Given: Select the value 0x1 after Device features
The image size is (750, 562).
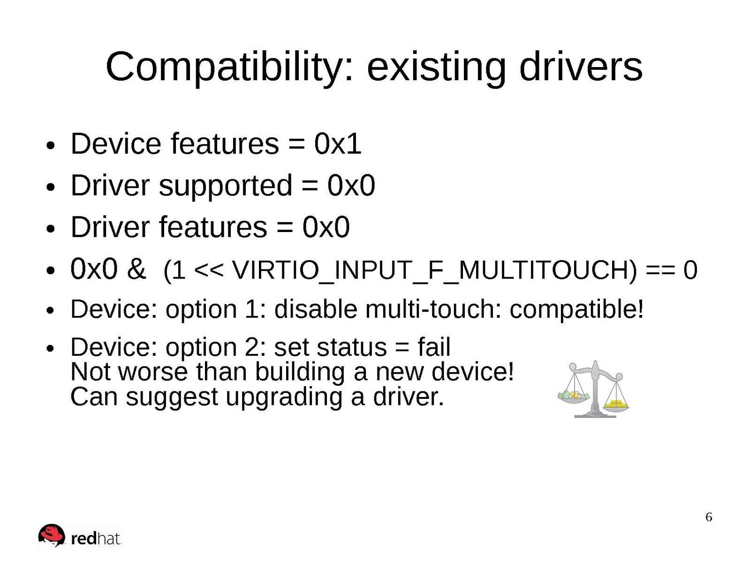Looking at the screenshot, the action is click(338, 144).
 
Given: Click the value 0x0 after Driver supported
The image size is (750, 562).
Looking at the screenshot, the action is click(351, 186).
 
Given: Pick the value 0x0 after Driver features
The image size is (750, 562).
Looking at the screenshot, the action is click(326, 227).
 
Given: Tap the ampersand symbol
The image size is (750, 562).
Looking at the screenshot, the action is click(136, 269).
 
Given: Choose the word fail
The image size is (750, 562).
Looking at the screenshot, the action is click(434, 347).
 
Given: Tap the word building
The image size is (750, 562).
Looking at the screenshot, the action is click(300, 373).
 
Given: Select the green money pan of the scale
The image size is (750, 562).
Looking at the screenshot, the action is click(574, 396).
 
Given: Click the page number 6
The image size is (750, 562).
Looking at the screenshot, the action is click(709, 517).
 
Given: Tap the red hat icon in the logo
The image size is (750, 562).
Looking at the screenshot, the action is click(51, 535).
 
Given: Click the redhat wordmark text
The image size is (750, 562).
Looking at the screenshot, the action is click(96, 539).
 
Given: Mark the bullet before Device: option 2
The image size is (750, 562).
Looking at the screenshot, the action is click(50, 349).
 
